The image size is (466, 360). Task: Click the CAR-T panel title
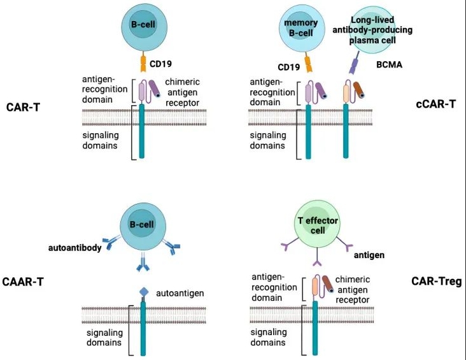[23, 107]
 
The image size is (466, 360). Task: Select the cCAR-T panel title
[435, 104]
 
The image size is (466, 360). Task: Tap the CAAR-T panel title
[23, 282]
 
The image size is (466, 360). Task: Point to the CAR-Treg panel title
[437, 281]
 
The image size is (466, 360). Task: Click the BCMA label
[389, 64]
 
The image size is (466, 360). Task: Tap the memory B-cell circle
[301, 28]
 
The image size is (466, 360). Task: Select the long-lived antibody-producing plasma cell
[372, 30]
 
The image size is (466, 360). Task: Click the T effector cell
[318, 224]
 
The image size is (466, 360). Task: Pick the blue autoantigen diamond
[144, 292]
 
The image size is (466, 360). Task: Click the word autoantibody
[75, 247]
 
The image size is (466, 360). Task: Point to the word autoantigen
[180, 293]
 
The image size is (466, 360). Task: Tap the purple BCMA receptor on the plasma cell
[354, 62]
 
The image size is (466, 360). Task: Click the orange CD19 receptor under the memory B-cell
[309, 62]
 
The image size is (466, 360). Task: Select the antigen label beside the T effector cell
[369, 255]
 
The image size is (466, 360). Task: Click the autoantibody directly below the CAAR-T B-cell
[143, 263]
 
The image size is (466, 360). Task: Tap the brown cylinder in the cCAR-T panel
[359, 90]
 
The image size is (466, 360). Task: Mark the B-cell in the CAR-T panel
[144, 27]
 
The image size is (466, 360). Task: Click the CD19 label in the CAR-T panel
[160, 64]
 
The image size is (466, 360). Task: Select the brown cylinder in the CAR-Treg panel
[328, 284]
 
